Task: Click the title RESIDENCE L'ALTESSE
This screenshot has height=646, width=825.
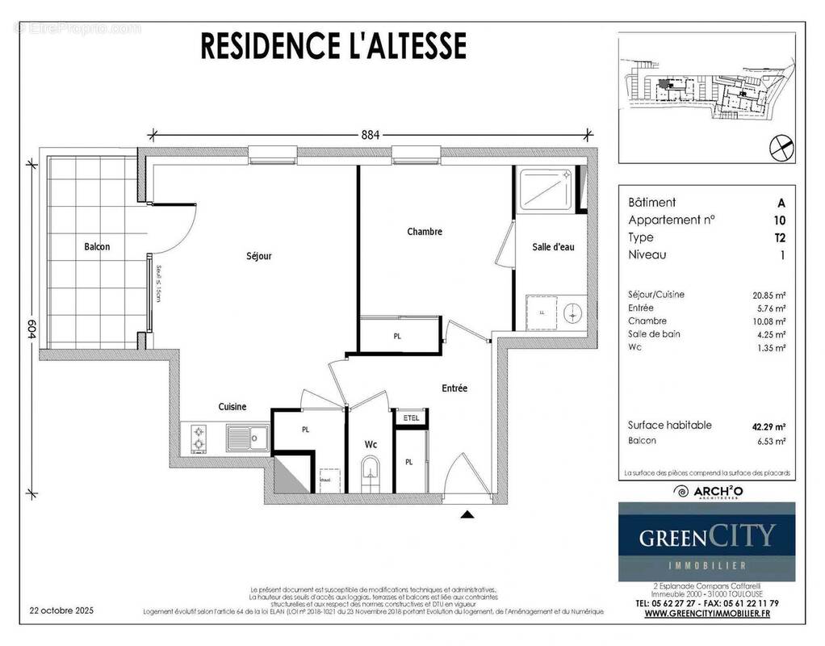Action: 333,45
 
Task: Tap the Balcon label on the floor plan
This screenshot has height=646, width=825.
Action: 97,246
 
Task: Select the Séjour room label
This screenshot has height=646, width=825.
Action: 258,256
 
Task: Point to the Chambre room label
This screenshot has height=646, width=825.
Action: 425,232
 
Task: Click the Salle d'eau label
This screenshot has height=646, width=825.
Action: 553,247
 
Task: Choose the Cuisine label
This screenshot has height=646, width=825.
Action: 232,407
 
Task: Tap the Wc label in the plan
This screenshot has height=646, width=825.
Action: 371,444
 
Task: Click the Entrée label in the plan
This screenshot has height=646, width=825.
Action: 454,388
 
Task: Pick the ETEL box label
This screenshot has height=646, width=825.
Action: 410,417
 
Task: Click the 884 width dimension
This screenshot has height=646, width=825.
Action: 370,135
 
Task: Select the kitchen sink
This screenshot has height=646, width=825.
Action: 247,438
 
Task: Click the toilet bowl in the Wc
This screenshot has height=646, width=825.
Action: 371,468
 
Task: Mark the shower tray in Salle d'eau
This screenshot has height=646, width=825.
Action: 547,189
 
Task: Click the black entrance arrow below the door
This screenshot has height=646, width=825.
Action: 467,513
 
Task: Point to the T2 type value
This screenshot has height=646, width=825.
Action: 779,237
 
